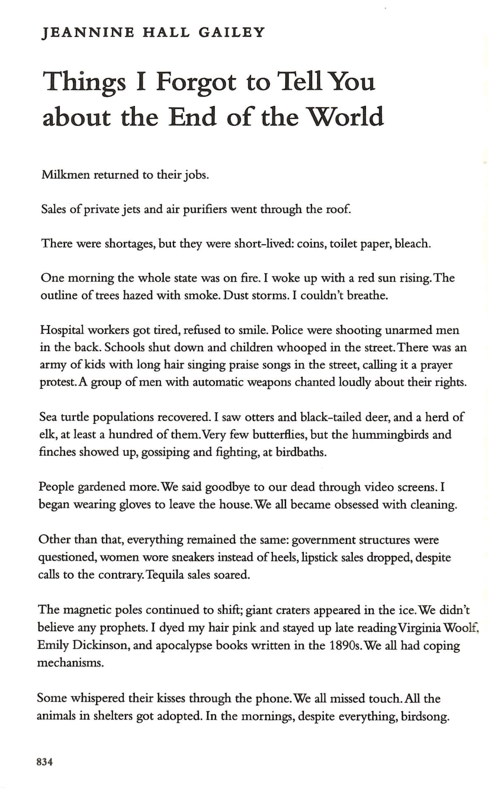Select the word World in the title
tap(347, 117)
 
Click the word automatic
tap(220, 382)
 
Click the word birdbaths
tap(301, 452)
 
